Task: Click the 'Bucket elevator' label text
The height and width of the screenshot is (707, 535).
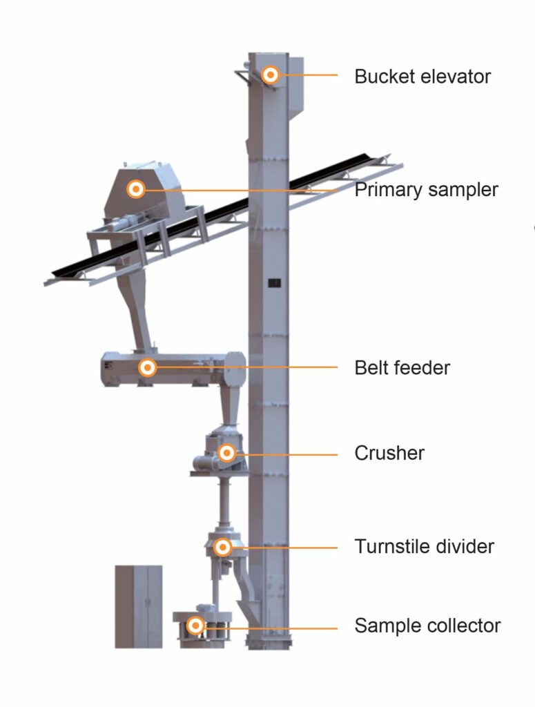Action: click(x=422, y=76)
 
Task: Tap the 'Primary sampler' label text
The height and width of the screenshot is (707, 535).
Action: click(x=426, y=190)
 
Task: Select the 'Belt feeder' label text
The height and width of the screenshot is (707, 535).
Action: click(x=402, y=367)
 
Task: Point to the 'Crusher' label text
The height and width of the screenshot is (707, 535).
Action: click(x=389, y=453)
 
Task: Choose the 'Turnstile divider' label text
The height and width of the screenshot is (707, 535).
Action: click(x=424, y=547)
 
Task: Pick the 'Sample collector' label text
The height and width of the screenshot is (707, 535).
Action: click(x=427, y=626)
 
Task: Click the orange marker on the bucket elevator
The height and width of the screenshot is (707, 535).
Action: click(x=271, y=75)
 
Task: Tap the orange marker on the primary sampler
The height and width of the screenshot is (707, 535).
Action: click(x=136, y=188)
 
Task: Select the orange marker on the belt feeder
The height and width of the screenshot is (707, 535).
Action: click(x=146, y=367)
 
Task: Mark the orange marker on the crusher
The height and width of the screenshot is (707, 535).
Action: click(x=226, y=453)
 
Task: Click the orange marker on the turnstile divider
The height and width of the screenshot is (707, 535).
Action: click(x=222, y=547)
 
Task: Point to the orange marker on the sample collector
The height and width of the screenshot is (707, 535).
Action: click(x=196, y=626)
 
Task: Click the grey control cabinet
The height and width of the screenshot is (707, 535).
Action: click(x=138, y=606)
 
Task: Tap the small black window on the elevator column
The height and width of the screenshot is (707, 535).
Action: click(x=274, y=282)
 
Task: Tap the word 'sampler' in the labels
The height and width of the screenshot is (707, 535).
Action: click(x=465, y=190)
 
